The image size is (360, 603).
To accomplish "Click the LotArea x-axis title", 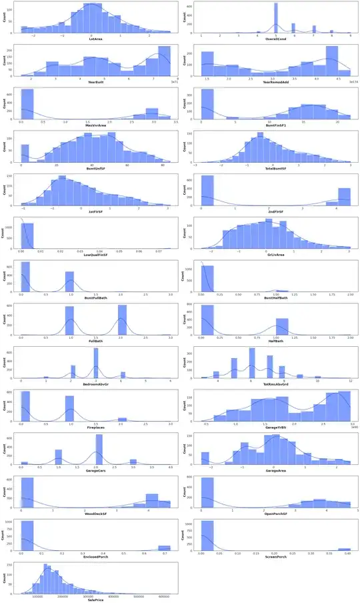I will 95,39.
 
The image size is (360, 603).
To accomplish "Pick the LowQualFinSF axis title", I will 95,254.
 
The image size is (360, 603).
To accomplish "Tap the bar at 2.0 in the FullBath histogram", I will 122,320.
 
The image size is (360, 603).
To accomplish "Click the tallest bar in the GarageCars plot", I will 99,450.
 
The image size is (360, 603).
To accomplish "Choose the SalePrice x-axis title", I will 95,598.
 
